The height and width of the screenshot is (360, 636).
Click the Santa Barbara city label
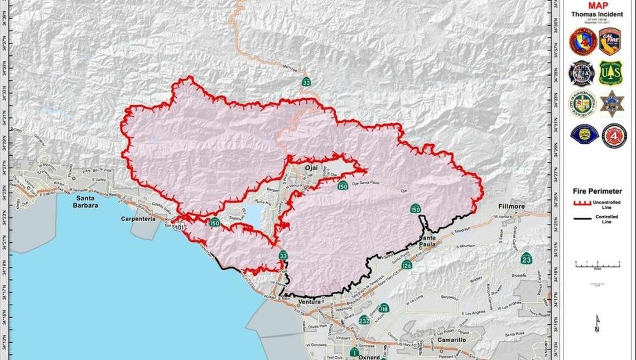point(85,201)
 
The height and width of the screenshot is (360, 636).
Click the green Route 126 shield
point(407,266)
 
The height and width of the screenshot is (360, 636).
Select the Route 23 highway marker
point(526,259)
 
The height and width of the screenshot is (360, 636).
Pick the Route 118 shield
point(384,309)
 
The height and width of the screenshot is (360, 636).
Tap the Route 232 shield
point(365,320)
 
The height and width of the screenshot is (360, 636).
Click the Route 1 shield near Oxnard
point(354,352)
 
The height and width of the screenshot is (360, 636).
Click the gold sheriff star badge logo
point(610,103)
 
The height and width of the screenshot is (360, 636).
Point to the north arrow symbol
point(598,324)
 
